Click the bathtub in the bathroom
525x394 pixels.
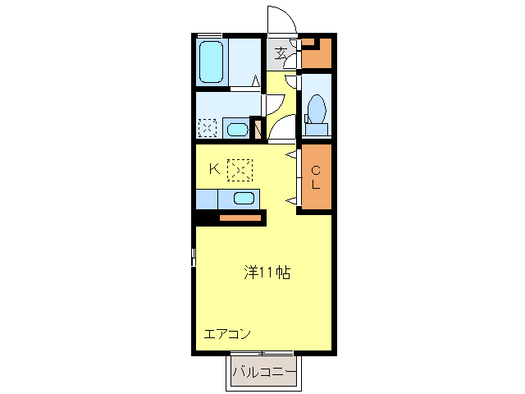pyautogui.click(x=212, y=61)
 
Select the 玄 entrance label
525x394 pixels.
pyautogui.click(x=281, y=55)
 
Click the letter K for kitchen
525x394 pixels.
pyautogui.click(x=213, y=169)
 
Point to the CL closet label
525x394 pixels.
pyautogui.click(x=315, y=177)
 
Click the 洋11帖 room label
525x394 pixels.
pyautogui.click(x=267, y=272)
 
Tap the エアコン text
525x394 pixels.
pyautogui.click(x=227, y=334)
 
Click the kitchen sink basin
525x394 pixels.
pyautogui.click(x=244, y=198)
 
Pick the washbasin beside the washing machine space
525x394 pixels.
pyautogui.click(x=236, y=129)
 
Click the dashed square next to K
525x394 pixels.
pyautogui.click(x=240, y=169)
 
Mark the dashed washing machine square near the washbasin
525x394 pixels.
pyautogui.click(x=208, y=128)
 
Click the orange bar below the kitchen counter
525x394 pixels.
pyautogui.click(x=240, y=218)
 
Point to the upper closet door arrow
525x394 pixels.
pyautogui.click(x=290, y=153)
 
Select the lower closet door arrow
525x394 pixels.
pyautogui.click(x=290, y=200)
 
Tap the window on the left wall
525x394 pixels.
pyautogui.click(x=194, y=256)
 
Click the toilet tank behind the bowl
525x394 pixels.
pyautogui.click(x=316, y=130)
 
